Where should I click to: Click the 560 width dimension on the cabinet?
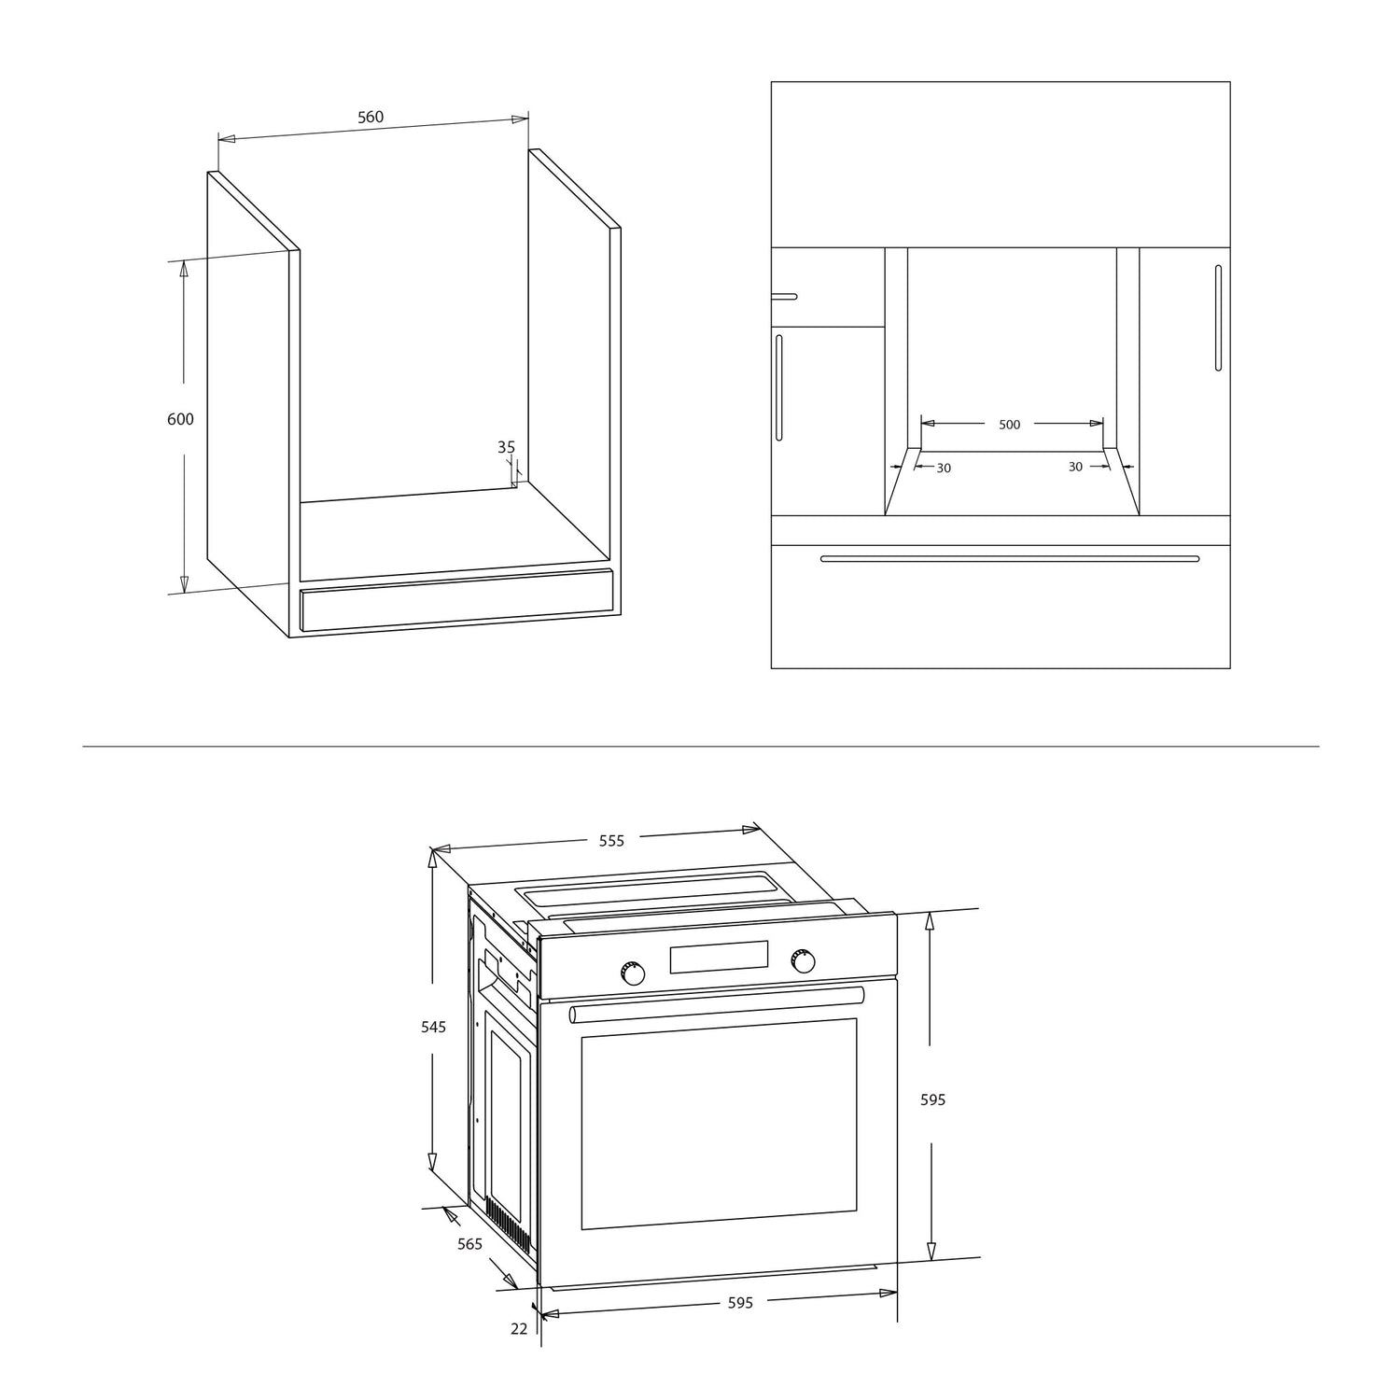(371, 118)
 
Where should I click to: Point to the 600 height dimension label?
(180, 419)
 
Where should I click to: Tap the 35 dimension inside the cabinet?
(506, 448)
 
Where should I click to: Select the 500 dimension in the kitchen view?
(1010, 425)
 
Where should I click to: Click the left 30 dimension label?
(944, 468)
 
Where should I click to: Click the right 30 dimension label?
(1075, 467)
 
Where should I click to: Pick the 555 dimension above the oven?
(611, 841)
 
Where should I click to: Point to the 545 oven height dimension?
(433, 1028)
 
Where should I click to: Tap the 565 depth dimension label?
(469, 1244)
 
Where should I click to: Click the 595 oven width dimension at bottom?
(740, 1303)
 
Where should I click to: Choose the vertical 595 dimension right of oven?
(933, 1100)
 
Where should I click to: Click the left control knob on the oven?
(633, 973)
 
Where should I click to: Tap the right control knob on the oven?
(802, 960)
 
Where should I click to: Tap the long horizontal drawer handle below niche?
(1010, 559)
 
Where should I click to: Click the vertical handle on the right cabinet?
(1218, 318)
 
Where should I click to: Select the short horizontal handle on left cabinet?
(784, 297)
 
